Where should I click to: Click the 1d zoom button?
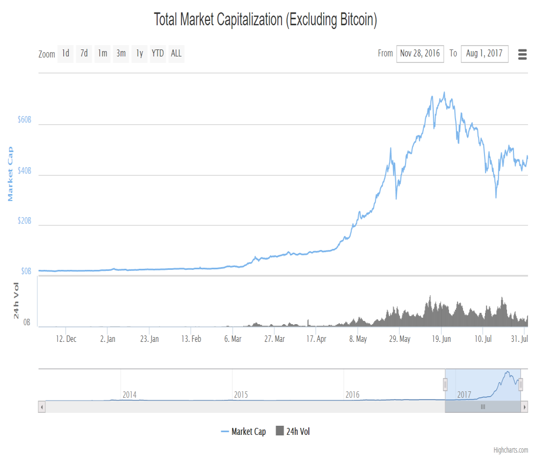click(66, 54)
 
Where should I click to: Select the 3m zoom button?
click(121, 54)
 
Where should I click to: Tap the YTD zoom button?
click(157, 54)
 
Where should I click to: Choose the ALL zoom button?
click(176, 54)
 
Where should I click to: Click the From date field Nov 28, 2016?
click(420, 54)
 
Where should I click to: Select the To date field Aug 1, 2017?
click(484, 54)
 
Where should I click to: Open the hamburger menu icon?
click(523, 54)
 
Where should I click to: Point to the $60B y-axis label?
click(24, 120)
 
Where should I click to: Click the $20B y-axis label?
click(24, 221)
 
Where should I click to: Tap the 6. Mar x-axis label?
click(233, 339)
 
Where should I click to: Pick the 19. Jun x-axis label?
click(441, 339)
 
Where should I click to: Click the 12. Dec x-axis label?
click(66, 339)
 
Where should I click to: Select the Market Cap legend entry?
click(243, 432)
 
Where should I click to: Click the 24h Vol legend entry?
click(293, 431)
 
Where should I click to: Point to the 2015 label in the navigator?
click(241, 395)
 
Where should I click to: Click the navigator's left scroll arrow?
click(42, 407)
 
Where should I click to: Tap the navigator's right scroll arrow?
click(524, 407)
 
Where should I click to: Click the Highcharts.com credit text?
click(511, 450)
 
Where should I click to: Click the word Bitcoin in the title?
click(357, 19)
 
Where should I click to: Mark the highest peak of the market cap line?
click(444, 92)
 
